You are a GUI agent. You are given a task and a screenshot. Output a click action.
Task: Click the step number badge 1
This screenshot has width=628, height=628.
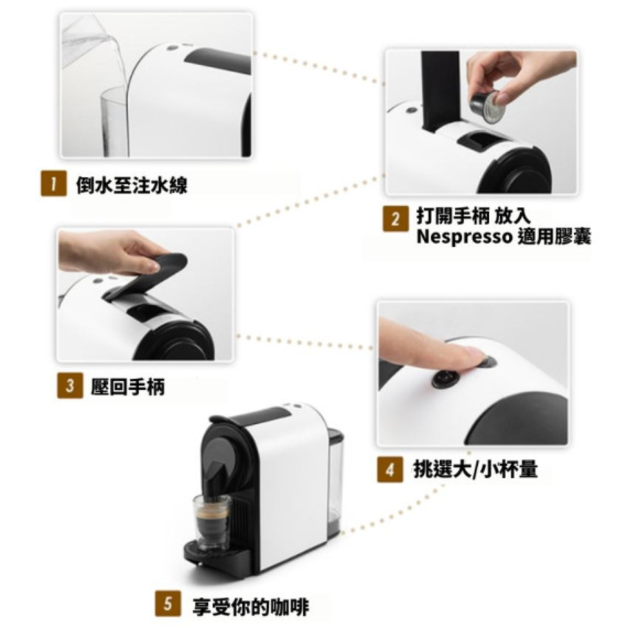click(50, 185)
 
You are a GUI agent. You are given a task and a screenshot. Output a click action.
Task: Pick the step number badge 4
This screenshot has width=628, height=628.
click(389, 469)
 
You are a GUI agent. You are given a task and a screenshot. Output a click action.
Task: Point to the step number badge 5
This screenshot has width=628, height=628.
click(167, 604)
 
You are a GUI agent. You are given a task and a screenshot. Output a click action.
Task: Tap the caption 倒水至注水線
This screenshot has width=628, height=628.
click(132, 185)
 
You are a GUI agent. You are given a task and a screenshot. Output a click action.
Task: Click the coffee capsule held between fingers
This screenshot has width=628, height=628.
click(488, 108)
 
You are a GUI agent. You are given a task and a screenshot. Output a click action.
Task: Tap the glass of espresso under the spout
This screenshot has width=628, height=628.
click(211, 521)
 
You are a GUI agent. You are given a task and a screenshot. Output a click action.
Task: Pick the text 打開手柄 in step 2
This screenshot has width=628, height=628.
click(451, 219)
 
